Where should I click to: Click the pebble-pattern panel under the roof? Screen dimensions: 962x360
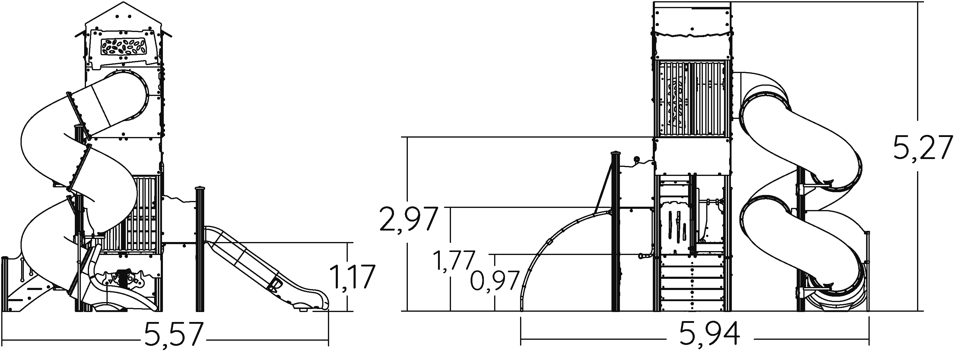pyautogui.click(x=123, y=48)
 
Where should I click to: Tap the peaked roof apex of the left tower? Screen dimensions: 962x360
pyautogui.click(x=124, y=3)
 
